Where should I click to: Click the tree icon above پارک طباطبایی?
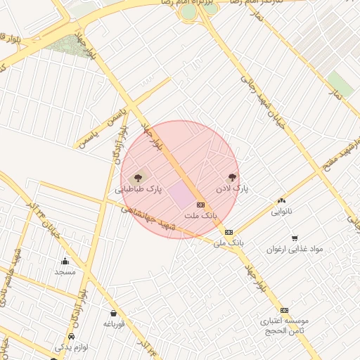(x=137, y=178)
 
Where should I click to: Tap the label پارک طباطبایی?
(x=139, y=190)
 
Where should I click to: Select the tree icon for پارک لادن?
(x=233, y=177)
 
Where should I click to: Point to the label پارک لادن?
(x=233, y=189)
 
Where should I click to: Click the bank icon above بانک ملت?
(x=201, y=205)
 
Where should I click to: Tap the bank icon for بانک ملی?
(x=229, y=232)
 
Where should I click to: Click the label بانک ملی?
(x=229, y=243)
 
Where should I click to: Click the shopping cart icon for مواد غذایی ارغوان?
(x=294, y=238)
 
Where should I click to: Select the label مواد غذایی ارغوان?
(x=294, y=249)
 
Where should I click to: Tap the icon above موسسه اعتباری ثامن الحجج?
(x=284, y=310)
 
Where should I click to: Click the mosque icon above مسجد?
(x=65, y=262)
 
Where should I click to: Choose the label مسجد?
(x=65, y=271)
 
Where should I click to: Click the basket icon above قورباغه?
(x=113, y=313)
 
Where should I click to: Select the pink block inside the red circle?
(x=184, y=195)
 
